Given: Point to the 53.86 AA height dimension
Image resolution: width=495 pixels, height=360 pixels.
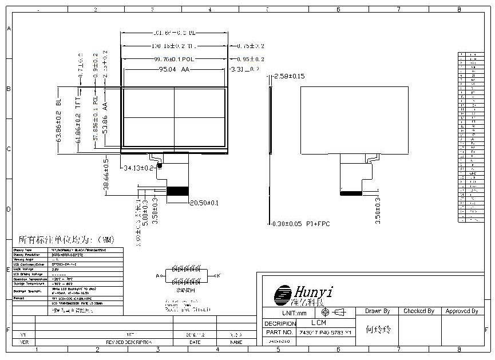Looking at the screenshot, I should point(105,117).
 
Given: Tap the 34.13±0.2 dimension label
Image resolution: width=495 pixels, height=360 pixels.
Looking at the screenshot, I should point(139,168).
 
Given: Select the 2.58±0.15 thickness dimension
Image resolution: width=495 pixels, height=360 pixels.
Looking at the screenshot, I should point(290,76).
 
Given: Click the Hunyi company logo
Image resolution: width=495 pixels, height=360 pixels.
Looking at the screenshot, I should point(303,294).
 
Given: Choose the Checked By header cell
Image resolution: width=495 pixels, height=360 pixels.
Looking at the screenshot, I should point(419,311).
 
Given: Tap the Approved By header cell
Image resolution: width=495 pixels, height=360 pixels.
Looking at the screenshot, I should point(461,311).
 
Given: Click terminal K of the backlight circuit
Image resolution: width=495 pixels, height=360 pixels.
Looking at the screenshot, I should point(217,275).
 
